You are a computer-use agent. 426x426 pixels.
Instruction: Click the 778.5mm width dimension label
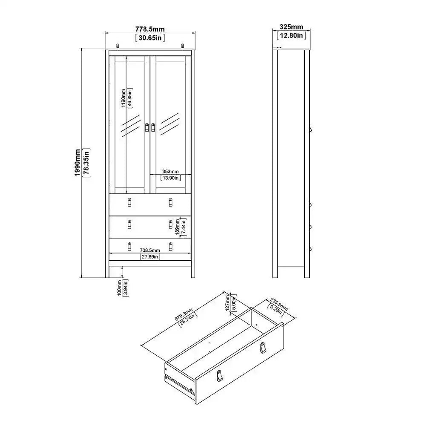tap(150, 29)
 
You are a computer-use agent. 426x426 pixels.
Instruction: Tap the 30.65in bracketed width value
tap(150, 38)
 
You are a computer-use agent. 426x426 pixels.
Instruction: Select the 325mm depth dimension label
tap(291, 27)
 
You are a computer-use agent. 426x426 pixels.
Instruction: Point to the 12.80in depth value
tap(291, 35)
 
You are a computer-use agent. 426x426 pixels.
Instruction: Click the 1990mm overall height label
tap(78, 162)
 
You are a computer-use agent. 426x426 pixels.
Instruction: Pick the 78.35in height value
tap(86, 162)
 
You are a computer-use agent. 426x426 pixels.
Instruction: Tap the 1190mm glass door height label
tap(124, 98)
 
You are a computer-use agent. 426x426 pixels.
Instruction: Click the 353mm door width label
tap(170, 171)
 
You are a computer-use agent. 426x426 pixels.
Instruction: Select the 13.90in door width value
tap(170, 178)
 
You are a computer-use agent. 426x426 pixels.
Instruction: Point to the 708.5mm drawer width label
tap(150, 250)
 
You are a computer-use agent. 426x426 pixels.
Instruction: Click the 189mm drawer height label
tap(177, 227)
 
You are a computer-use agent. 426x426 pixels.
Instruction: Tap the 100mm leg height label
tap(120, 288)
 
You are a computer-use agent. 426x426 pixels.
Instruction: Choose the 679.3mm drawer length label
tap(184, 315)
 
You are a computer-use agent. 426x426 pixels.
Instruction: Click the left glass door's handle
tap(147, 128)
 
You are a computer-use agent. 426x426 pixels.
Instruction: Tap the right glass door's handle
tap(153, 128)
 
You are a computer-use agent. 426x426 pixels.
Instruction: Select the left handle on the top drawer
tap(130, 202)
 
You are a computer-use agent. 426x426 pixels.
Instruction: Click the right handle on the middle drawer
tap(170, 225)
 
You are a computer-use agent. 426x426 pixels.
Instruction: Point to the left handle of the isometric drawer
tap(219, 376)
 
